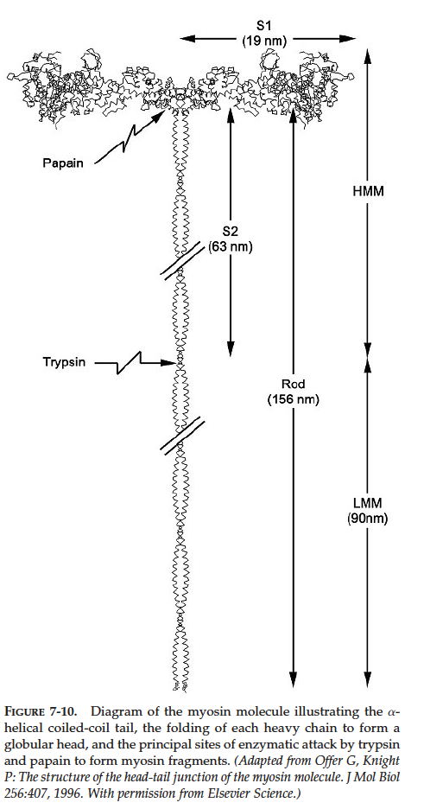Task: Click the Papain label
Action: point(63,163)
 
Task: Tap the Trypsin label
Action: point(65,363)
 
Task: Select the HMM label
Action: point(367,191)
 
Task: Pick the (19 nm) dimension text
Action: point(264,41)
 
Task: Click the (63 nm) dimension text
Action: point(231,247)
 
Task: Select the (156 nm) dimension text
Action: point(294,399)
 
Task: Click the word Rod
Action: point(294,385)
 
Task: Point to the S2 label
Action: point(231,233)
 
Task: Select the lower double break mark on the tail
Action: point(182,436)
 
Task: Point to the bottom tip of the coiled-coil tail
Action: point(180,690)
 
